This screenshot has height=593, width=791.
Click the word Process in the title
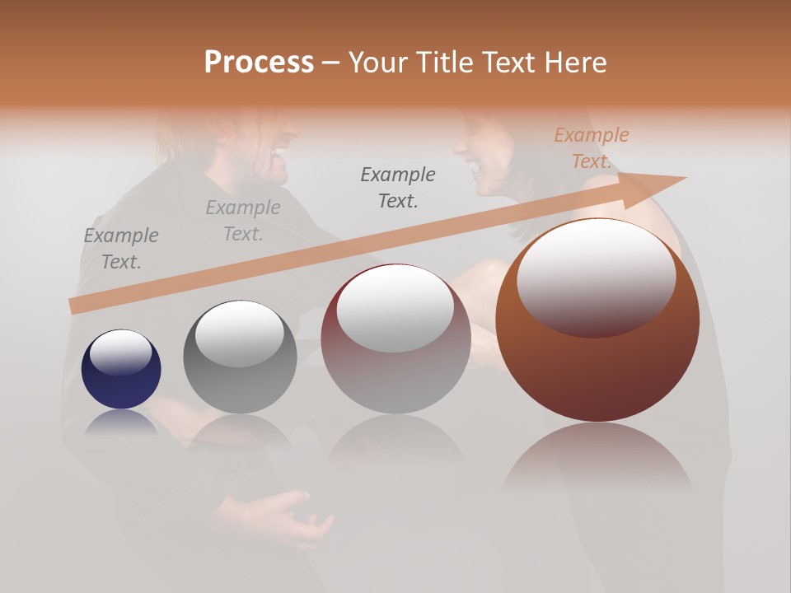coord(259,63)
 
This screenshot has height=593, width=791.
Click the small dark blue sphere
coord(121,369)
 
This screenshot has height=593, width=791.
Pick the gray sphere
coord(240,357)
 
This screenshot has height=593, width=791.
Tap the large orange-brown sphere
coord(597,321)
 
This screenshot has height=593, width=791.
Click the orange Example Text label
coord(591,148)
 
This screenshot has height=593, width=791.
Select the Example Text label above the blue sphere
coord(120,249)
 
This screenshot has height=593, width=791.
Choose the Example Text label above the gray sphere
coord(242,221)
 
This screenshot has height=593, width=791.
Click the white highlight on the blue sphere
coord(120,353)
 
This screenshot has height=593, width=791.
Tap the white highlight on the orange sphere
coord(596,276)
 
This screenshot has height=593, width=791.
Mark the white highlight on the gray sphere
coord(239,332)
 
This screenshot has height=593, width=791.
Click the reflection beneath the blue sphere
coord(121,422)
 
